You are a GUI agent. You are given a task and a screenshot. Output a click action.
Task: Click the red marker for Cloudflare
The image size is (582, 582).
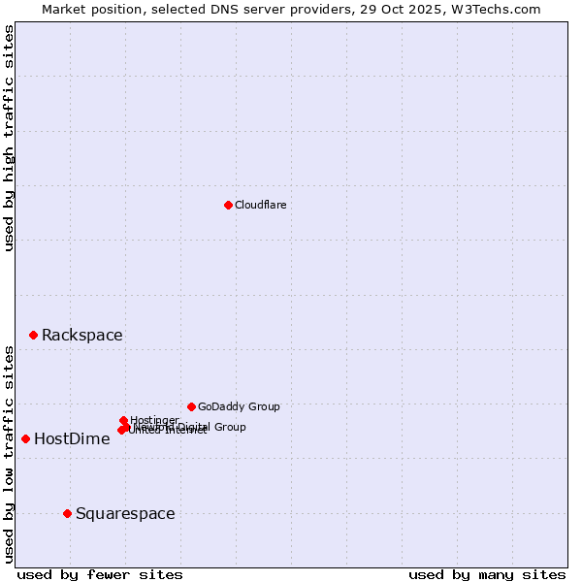(x=228, y=205)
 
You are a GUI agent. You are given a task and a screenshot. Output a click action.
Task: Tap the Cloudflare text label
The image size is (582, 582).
(x=261, y=205)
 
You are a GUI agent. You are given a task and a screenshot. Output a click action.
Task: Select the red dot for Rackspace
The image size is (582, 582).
(x=33, y=335)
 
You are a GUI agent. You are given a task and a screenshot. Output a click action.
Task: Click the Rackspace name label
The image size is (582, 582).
(x=81, y=336)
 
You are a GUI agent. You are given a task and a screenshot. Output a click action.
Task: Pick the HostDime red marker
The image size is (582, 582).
(x=25, y=438)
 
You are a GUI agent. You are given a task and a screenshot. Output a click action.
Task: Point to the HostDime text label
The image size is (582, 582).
(x=72, y=439)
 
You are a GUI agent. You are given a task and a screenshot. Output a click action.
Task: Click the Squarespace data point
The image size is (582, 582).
(x=67, y=513)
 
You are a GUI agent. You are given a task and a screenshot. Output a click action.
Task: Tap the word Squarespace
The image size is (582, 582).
(x=125, y=514)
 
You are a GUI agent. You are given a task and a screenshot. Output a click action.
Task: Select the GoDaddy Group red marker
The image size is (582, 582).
(x=191, y=406)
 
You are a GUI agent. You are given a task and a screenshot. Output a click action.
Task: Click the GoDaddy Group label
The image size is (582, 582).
(x=239, y=407)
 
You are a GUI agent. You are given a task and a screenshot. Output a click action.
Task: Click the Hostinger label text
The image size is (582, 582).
(x=155, y=420)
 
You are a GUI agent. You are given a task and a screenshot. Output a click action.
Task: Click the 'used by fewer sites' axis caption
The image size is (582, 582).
(x=100, y=574)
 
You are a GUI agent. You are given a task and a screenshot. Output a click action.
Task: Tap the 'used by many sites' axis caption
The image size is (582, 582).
(x=487, y=574)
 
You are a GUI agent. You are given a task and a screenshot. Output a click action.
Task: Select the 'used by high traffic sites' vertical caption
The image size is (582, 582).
(x=9, y=138)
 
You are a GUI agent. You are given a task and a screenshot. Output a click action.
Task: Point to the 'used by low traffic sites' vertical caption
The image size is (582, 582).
(x=9, y=453)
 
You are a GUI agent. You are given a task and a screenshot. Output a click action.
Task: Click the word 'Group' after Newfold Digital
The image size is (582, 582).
(x=230, y=427)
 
